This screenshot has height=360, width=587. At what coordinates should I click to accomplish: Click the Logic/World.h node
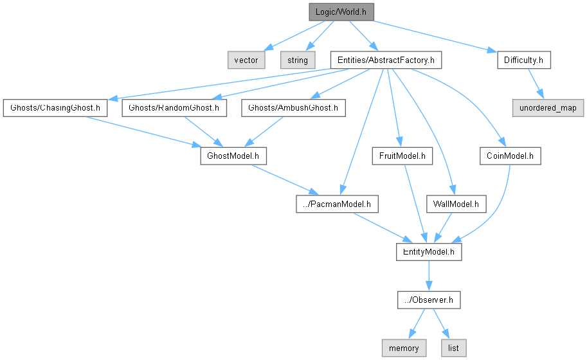tap(341, 12)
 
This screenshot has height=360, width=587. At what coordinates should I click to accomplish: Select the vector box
tap(246, 60)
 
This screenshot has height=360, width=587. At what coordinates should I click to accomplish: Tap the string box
tap(297, 60)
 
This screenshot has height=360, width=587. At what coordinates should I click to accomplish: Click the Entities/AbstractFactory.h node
tap(385, 60)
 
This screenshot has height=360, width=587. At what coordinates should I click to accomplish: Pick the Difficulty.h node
tap(524, 60)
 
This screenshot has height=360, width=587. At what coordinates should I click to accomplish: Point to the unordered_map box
tap(548, 108)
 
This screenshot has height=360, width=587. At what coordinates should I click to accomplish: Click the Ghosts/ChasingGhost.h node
tap(54, 108)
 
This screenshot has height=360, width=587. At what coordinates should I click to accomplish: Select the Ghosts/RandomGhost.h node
tap(174, 108)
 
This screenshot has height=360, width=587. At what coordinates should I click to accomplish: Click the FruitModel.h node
tap(402, 156)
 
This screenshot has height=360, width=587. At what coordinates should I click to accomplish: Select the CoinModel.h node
tap(510, 156)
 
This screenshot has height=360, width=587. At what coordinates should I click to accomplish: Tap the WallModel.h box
tap(456, 204)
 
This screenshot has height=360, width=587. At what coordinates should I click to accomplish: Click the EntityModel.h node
tap(428, 252)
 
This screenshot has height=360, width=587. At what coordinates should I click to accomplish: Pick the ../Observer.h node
tap(428, 300)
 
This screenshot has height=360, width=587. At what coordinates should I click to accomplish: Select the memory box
tap(404, 348)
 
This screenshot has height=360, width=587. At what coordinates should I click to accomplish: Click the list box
tap(453, 348)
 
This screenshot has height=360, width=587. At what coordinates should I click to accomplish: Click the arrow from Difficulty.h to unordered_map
tap(536, 84)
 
